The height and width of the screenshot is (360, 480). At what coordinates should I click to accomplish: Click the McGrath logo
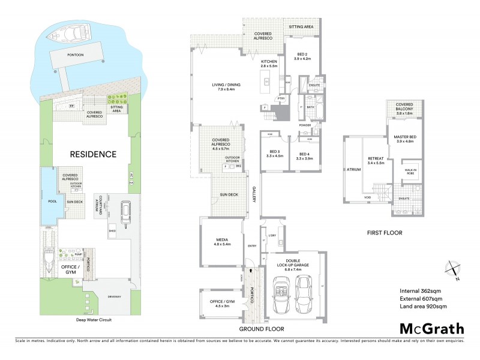pyautogui.click(x=431, y=328)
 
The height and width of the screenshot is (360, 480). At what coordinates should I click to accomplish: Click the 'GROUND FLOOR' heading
pyautogui.click(x=262, y=329)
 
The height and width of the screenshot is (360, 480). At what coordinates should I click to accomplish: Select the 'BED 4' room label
pyautogui.click(x=305, y=154)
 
